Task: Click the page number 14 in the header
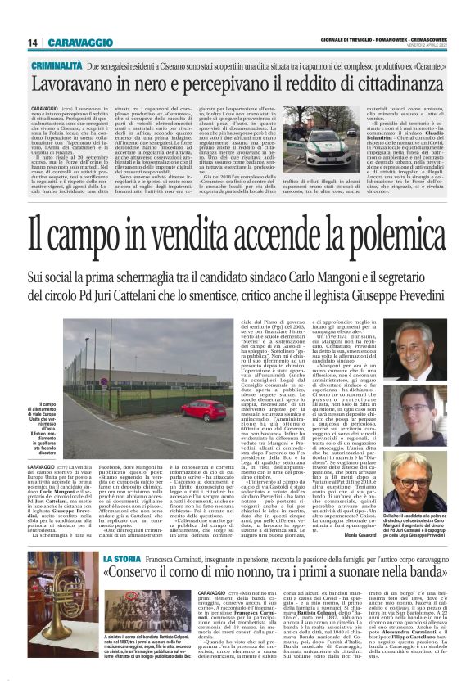point(35,43)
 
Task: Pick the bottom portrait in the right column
point(421,483)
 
